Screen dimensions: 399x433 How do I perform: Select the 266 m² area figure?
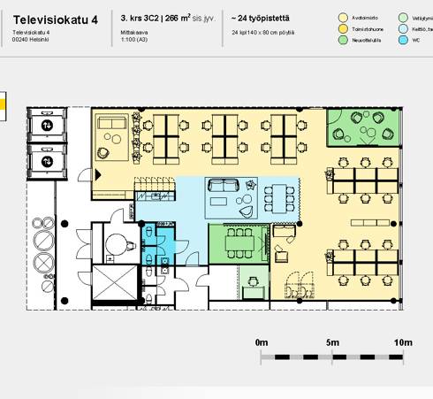coord(176,17)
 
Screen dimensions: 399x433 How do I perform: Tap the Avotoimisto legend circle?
coord(344,17)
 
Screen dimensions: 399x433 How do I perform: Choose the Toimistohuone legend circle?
coord(344,28)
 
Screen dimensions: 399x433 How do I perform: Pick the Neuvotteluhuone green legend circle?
coord(344,40)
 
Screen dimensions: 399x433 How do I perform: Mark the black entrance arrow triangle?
coord(97,175)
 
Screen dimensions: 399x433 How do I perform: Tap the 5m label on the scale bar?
coord(332,341)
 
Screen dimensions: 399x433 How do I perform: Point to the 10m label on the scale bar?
coord(403,341)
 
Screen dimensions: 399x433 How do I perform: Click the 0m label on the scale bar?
coord(261,341)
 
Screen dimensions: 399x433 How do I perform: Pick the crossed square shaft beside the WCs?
coord(111,284)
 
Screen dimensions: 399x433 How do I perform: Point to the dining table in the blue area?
coord(280,195)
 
